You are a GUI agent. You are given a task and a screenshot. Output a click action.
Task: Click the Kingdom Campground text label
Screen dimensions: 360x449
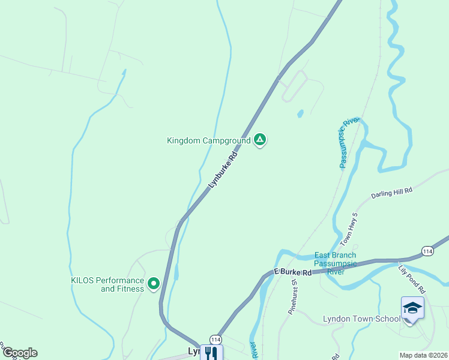click(x=208, y=141)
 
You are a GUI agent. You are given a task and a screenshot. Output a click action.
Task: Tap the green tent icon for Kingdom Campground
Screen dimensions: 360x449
click(x=259, y=140)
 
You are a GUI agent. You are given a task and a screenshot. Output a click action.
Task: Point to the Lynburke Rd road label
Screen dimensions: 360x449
click(x=223, y=171)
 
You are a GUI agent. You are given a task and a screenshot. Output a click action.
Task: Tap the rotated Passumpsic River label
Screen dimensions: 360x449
click(x=348, y=143)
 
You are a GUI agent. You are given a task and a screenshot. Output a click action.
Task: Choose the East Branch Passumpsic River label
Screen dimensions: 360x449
click(x=335, y=263)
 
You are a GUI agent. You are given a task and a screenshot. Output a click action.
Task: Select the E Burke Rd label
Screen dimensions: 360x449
click(x=294, y=272)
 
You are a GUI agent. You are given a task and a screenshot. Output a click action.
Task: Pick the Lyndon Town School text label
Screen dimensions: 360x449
click(x=361, y=319)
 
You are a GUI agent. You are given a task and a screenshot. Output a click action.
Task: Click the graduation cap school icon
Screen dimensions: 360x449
click(x=412, y=308)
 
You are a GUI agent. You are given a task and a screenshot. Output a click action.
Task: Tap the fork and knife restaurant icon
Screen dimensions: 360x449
click(x=211, y=353)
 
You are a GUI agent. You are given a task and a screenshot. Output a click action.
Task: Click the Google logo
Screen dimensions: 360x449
click(x=19, y=353)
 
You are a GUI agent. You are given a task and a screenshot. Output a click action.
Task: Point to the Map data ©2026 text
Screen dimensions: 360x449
click(x=423, y=355)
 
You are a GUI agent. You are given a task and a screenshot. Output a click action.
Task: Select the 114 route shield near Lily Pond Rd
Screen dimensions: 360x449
click(x=427, y=250)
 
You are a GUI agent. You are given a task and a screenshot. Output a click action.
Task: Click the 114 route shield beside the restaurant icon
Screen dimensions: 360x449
click(x=215, y=340)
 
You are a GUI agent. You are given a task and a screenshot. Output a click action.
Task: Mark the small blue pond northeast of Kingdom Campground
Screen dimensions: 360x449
click(x=300, y=113)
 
